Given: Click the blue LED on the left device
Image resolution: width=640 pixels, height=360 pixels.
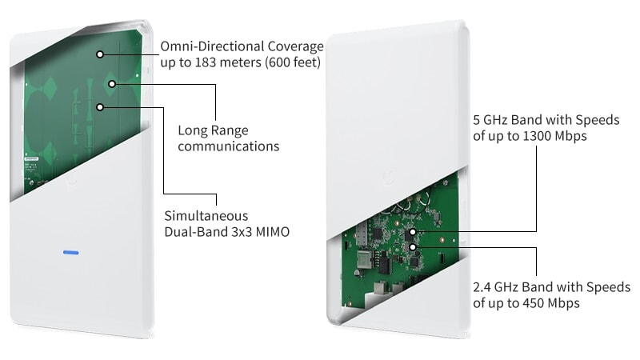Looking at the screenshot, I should [71, 252].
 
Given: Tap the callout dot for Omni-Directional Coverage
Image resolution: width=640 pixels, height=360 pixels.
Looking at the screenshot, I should [100, 54].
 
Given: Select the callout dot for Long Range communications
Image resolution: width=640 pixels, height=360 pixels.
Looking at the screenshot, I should [113, 83].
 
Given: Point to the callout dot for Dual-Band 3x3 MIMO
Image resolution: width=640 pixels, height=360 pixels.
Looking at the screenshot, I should [100, 106].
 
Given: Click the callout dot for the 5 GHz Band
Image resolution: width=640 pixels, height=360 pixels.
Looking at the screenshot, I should [411, 232].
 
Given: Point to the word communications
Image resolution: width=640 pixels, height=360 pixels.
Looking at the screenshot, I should [228, 146].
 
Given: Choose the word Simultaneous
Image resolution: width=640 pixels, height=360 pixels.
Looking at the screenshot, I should [206, 216].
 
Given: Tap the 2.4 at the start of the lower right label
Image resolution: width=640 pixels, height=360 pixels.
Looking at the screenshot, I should [483, 286].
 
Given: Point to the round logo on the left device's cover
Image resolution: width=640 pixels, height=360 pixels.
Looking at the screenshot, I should [74, 180].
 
